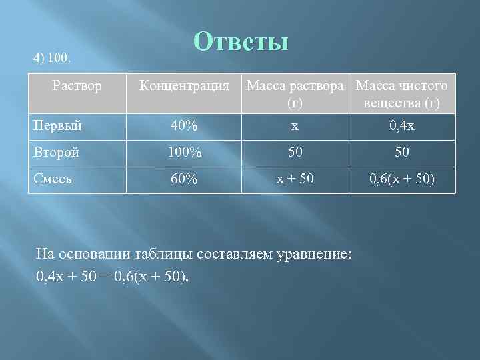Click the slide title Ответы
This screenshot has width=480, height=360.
241,42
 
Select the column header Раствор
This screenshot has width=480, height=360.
78,85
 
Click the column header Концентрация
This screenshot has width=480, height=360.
183,86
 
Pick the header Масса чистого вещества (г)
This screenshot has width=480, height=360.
402,94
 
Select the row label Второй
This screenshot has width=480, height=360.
57,152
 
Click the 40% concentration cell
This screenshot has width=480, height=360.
183,125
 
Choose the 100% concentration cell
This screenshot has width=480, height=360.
183,152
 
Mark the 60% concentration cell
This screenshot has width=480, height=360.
183,179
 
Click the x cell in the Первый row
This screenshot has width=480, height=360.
294,125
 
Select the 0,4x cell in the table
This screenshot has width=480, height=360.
401,125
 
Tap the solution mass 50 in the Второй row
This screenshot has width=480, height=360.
294,152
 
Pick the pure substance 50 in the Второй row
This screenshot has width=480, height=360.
401,152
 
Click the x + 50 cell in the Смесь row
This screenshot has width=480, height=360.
294,179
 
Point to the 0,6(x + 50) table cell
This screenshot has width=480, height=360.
401,179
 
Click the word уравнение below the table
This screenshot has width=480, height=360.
308,254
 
